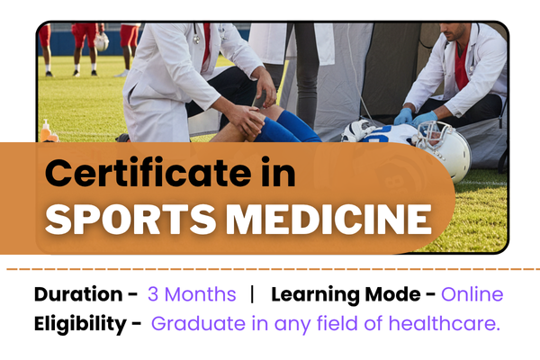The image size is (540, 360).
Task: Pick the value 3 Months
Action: click(192, 294)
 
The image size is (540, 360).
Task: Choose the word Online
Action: click(473, 294)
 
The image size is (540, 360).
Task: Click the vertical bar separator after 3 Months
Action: click(253, 294)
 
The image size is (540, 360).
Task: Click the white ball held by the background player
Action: click(102, 41)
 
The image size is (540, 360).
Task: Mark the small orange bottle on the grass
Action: click(46, 130)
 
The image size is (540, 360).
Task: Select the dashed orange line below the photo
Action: click(270, 268)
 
